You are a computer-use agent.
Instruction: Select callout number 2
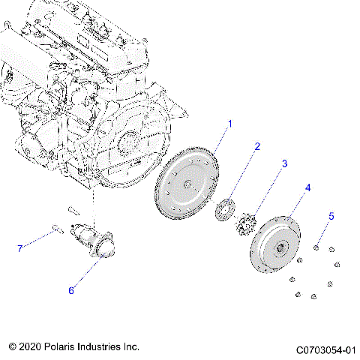pyautogui.click(x=256, y=147)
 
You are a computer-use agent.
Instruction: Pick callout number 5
pyautogui.click(x=331, y=217)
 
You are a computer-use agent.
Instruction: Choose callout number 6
pyautogui.click(x=72, y=289)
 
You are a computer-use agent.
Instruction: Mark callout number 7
pyautogui.click(x=20, y=247)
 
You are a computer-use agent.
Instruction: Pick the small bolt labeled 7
pyautogui.click(x=57, y=229)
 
